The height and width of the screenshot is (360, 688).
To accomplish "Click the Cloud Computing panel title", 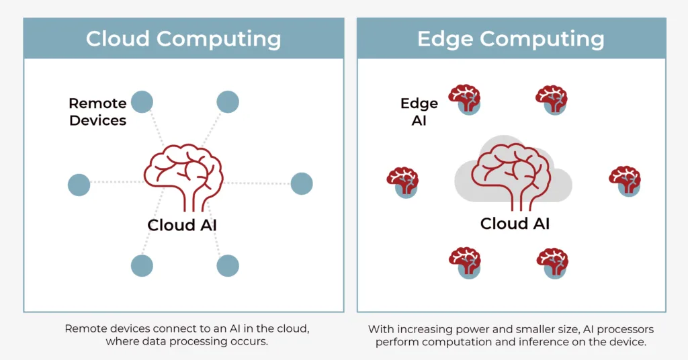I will click(183, 38).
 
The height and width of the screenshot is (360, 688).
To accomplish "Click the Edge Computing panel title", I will click(511, 38).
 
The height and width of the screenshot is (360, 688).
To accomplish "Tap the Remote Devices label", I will click(97, 111).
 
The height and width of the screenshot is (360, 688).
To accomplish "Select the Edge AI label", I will click(419, 111).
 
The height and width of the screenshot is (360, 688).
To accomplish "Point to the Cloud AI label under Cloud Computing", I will click(182, 225).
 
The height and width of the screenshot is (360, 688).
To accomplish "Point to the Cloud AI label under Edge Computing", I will click(515, 223).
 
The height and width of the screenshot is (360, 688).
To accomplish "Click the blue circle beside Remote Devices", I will click(142, 102).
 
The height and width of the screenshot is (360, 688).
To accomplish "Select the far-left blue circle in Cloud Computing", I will click(79, 185).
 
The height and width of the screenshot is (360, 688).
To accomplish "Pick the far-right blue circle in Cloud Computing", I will click(302, 183).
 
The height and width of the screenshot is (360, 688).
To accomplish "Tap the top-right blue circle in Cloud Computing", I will click(228, 102).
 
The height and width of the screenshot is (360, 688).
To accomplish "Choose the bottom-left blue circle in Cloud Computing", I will click(142, 265).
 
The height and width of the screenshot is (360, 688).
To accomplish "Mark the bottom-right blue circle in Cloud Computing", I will click(228, 265).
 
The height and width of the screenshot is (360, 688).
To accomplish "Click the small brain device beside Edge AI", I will click(465, 99).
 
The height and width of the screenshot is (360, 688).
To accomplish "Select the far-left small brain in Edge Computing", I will click(403, 181).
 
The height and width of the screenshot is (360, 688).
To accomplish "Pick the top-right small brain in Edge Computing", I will click(552, 99).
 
